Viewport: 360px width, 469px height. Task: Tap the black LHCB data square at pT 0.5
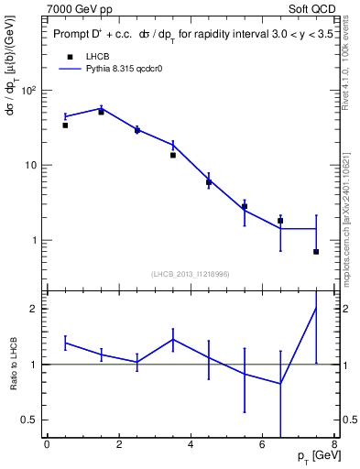[x=65, y=125]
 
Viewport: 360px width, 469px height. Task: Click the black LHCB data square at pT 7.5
[x=316, y=251]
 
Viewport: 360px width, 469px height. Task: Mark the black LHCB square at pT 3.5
[x=172, y=155]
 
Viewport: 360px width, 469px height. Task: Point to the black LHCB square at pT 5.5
[x=245, y=207]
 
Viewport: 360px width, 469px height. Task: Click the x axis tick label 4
[x=191, y=446]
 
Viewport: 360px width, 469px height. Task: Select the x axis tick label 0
[x=47, y=446]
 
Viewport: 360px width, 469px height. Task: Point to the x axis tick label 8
[x=334, y=446]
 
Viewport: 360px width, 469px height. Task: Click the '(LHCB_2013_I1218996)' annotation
[x=190, y=274]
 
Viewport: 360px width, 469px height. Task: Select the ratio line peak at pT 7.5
[x=316, y=308]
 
